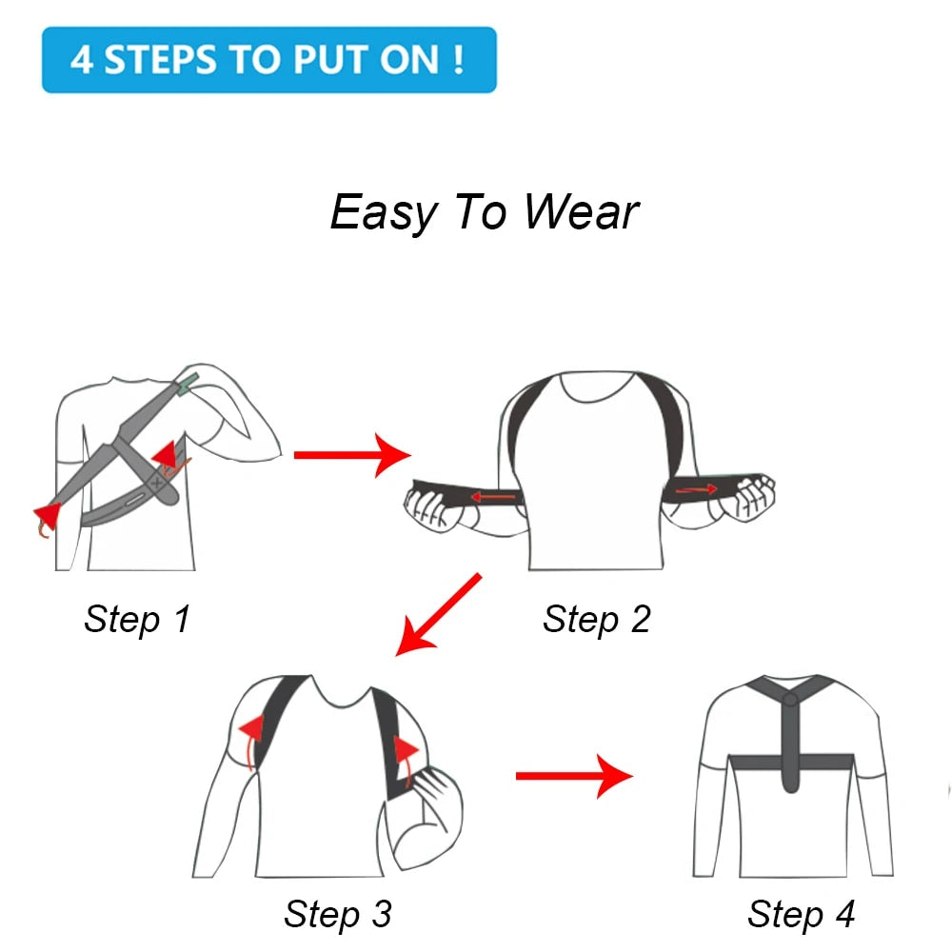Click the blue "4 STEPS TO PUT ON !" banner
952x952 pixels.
268,60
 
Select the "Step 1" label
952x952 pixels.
137,619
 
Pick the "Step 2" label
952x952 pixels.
596,619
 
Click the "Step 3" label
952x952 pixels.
337,914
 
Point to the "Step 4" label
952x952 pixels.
801,914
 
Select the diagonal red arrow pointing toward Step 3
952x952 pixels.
437,614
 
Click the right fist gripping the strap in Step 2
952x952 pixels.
748,495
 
